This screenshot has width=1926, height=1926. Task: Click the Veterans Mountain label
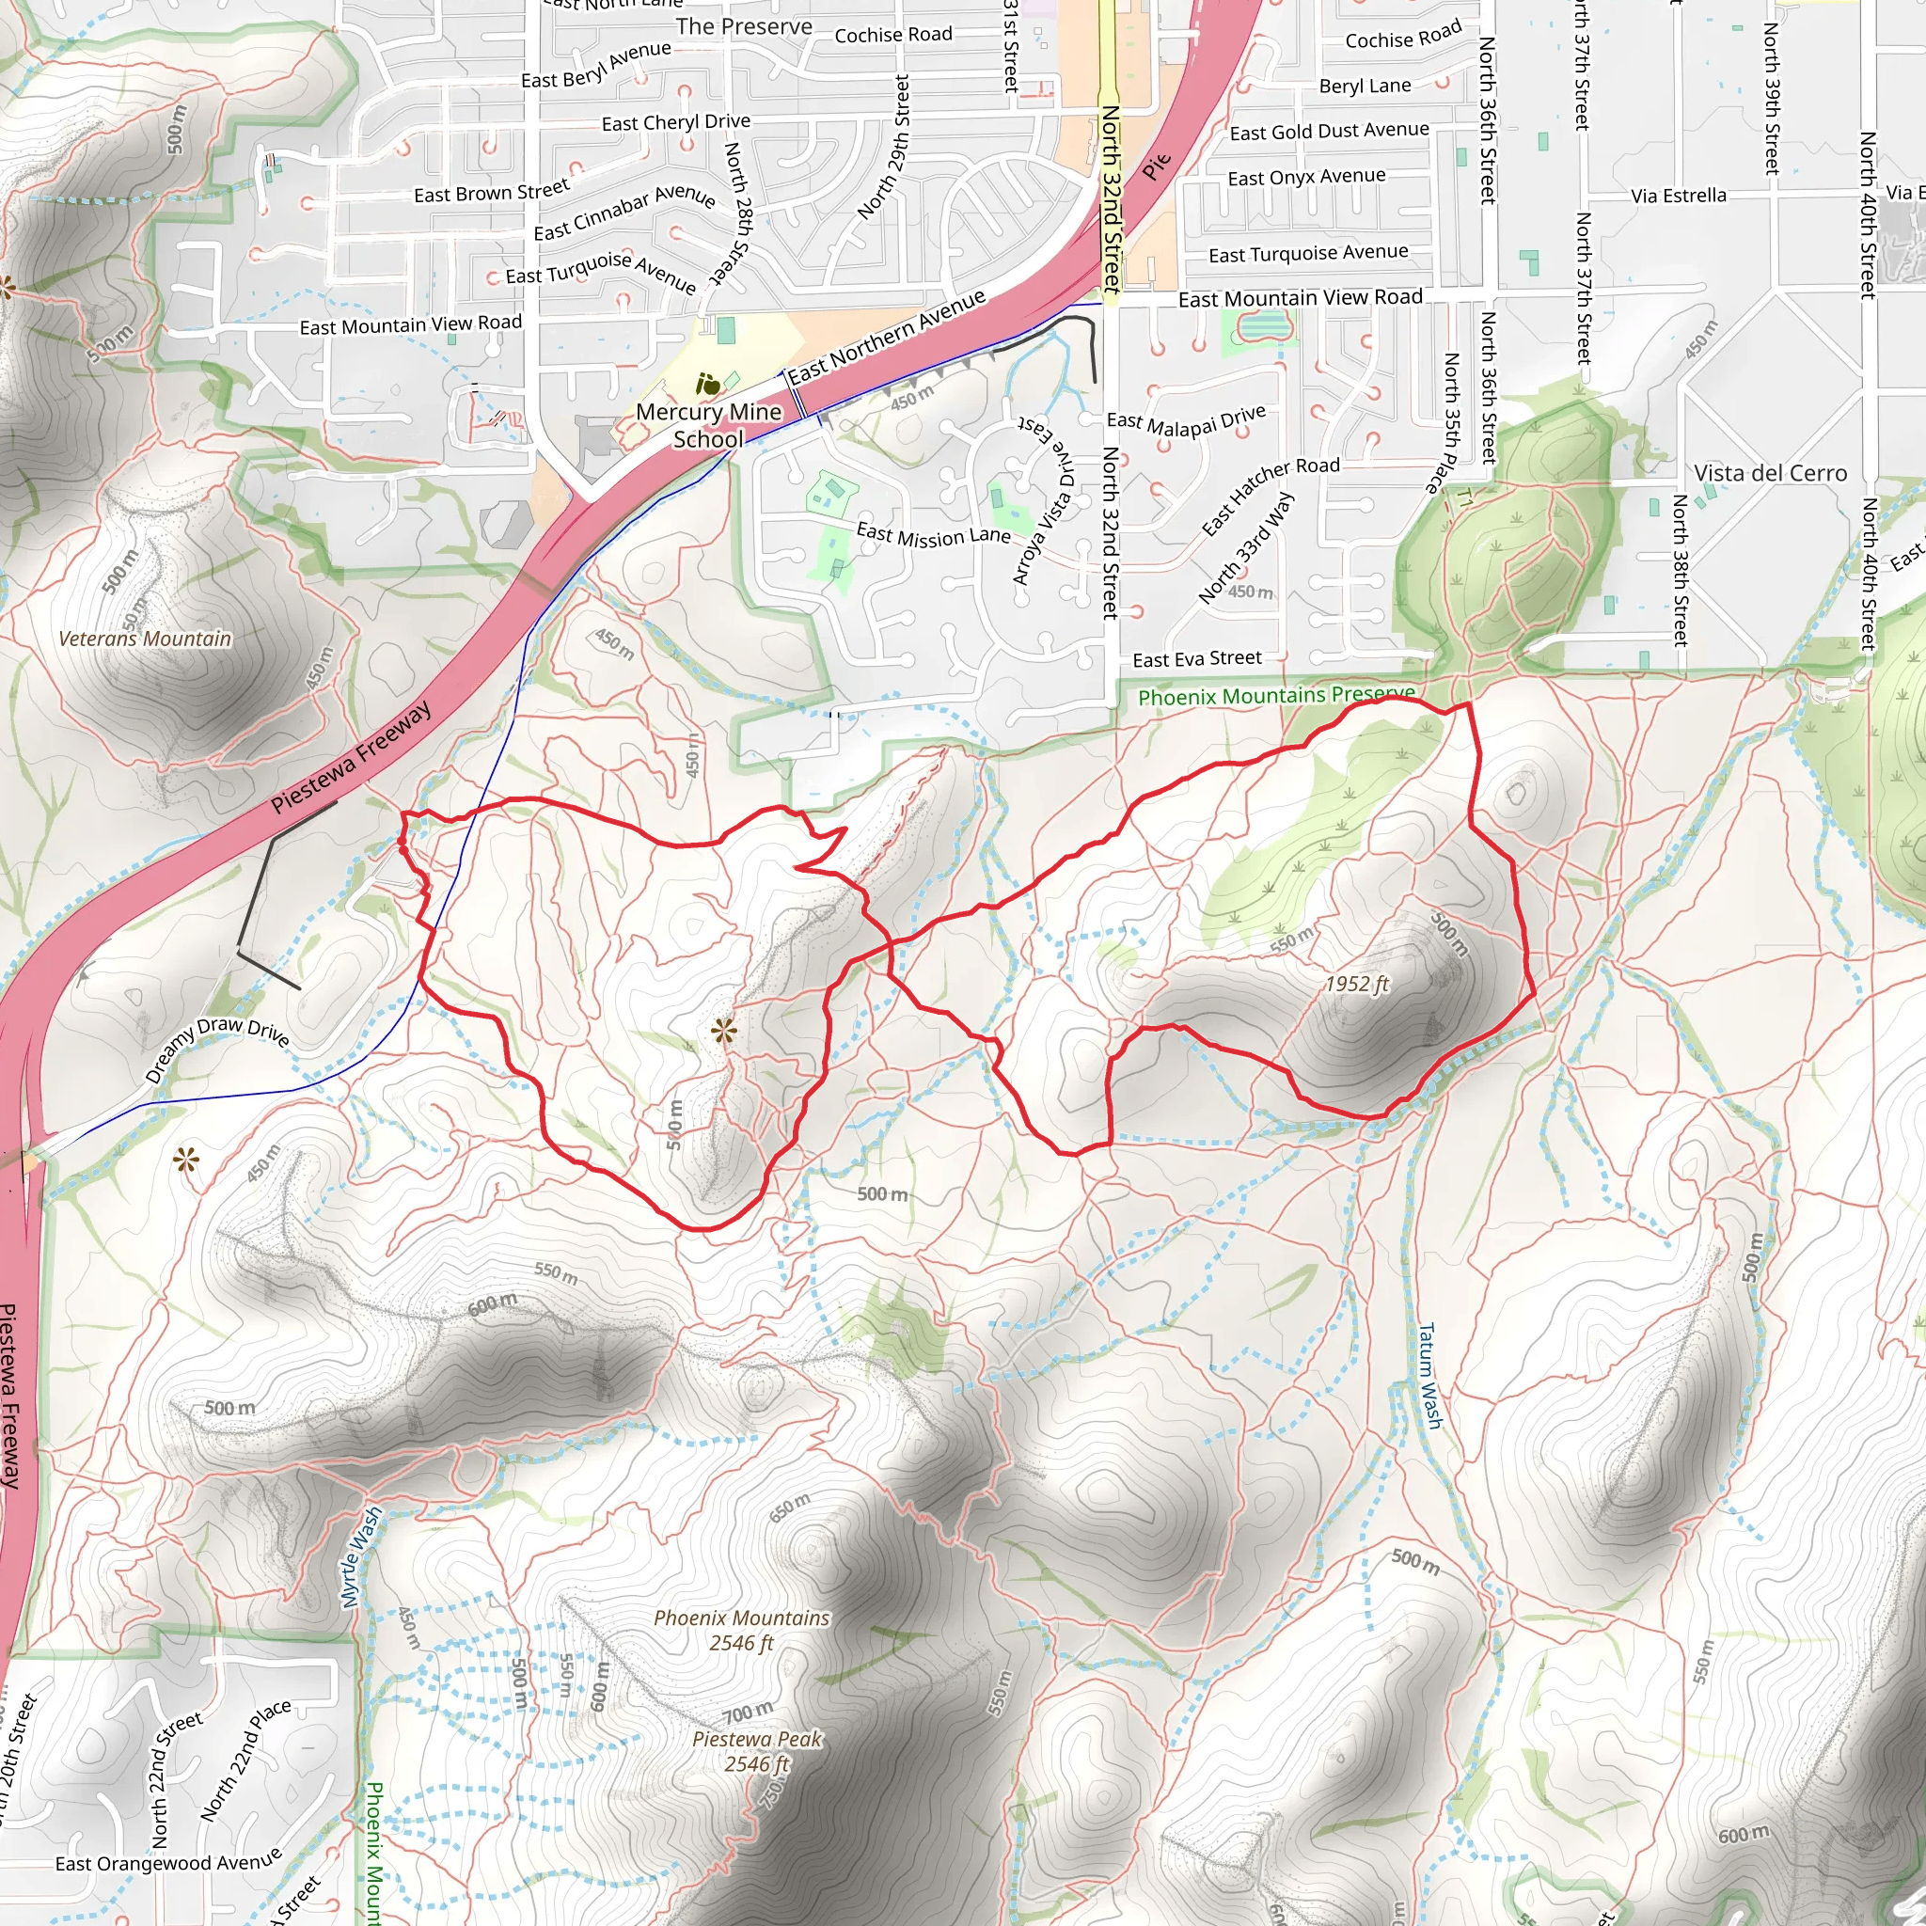tap(145, 639)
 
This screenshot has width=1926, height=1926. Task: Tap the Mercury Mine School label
tap(709, 426)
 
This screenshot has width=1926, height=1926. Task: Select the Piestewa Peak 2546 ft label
tap(758, 1751)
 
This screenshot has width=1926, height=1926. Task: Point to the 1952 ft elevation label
tap(1357, 985)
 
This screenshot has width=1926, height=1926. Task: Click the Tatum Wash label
tap(1429, 1376)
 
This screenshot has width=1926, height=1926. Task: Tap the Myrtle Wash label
tap(361, 1557)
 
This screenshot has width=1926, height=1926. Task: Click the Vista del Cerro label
tap(1771, 474)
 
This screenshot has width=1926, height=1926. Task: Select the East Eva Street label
tap(1196, 659)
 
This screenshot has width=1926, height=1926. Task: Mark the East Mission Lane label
tap(933, 535)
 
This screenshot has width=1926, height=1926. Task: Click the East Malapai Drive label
tap(1186, 419)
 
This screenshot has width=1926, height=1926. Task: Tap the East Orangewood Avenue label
tap(168, 1863)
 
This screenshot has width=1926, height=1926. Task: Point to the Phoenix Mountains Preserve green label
tap(1276, 696)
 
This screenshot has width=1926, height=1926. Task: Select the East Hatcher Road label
tap(1270, 495)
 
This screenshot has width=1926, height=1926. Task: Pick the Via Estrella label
tap(1679, 196)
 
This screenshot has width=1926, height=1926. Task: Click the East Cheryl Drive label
tap(676, 122)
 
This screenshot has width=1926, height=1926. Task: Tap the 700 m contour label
tap(748, 1713)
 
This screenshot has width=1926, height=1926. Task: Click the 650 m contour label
tap(790, 1508)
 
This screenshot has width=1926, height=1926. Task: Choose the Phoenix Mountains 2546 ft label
tap(742, 1630)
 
